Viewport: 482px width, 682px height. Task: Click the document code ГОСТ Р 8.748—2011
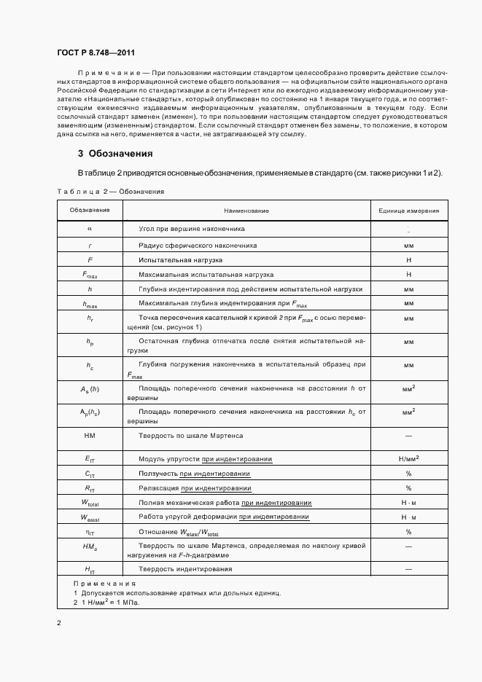(96, 52)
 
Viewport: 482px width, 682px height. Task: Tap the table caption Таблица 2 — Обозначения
(110, 192)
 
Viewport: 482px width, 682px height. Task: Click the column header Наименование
(246, 211)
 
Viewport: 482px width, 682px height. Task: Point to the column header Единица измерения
(408, 211)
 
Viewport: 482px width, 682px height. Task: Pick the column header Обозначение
(90, 211)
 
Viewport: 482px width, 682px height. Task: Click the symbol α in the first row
(90, 229)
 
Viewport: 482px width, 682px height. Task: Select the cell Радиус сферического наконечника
(198, 246)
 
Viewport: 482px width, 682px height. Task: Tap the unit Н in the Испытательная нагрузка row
(408, 259)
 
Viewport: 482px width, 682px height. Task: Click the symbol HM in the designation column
(90, 436)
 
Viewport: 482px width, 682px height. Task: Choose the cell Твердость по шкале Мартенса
(191, 436)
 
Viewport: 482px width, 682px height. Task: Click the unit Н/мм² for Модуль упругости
(408, 459)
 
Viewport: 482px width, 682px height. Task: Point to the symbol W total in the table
(90, 503)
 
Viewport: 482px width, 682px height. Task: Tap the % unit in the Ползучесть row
(408, 474)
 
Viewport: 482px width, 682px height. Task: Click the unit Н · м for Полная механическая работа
(408, 503)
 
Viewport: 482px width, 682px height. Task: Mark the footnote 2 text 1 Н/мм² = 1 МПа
(109, 603)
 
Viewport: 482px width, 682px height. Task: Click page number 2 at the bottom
(58, 623)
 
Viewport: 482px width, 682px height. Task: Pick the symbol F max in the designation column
(90, 275)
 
